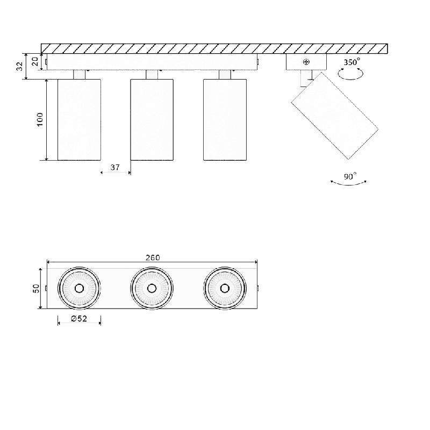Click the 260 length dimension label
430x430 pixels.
pos(153,257)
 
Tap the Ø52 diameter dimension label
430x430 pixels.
pos(78,318)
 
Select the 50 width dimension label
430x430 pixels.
pos(36,288)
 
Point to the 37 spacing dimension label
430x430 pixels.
pos(115,167)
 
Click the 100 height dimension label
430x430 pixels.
pos(40,119)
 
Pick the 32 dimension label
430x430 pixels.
pos(20,66)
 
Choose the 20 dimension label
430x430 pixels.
pos(35,61)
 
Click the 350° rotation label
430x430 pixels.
pos(352,62)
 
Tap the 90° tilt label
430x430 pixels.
pos(350,176)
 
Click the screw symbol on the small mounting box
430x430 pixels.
pos(306,62)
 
